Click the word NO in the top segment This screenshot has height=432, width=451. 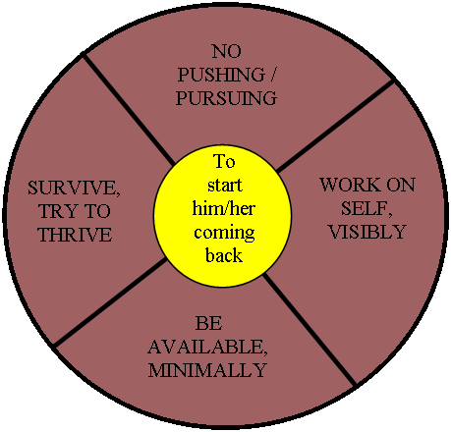point(226,52)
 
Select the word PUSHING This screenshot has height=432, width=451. point(221,75)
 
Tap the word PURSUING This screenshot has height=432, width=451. point(226,98)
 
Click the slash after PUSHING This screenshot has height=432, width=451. point(272,75)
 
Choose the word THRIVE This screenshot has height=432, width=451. point(75,235)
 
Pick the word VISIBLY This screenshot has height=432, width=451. point(367,232)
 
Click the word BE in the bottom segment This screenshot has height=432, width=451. point(208,323)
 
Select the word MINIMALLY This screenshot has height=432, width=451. point(207,370)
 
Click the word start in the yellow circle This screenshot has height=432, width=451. point(225,186)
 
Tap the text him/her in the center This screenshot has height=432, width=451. point(224,208)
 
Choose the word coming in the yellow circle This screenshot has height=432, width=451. point(224,233)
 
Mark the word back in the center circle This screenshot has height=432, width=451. point(224,255)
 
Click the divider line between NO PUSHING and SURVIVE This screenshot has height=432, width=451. point(128,110)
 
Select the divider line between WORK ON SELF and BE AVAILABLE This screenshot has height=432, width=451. point(310,330)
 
